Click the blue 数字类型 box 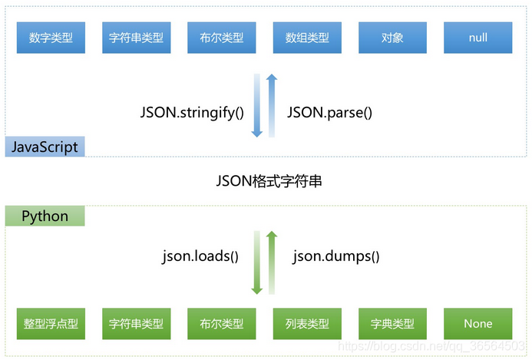(51, 38)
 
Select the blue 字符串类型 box (136, 38)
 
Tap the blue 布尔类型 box (222, 38)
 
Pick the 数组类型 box (307, 38)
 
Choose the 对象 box (392, 38)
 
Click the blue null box (477, 38)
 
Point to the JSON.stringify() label (192, 112)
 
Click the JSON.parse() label (329, 112)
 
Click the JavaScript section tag (45, 146)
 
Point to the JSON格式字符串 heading (266, 182)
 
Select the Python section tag (45, 216)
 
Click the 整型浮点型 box (51, 323)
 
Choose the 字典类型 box (392, 323)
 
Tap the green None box (477, 323)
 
